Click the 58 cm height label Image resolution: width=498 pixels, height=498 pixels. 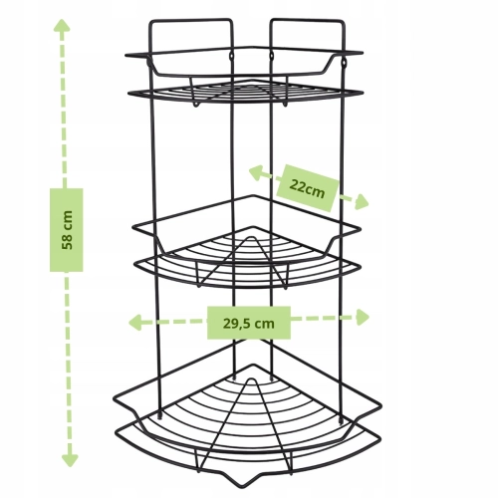click(x=67, y=230)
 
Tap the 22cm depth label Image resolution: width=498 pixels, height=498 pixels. click(x=307, y=188)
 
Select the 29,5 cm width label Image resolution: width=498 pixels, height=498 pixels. click(x=249, y=323)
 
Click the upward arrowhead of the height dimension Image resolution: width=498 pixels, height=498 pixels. click(x=62, y=25)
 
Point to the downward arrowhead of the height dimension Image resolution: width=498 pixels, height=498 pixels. click(x=70, y=460)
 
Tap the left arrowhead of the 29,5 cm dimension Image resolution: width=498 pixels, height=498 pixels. click(x=135, y=323)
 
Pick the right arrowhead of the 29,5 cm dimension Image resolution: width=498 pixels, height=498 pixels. click(x=363, y=317)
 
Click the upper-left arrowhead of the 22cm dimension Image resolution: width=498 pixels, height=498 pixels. click(x=256, y=173)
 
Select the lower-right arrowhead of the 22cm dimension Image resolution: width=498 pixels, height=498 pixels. click(x=362, y=202)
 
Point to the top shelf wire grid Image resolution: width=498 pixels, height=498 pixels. click(x=246, y=91)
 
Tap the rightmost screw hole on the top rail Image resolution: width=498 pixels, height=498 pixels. click(x=345, y=62)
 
